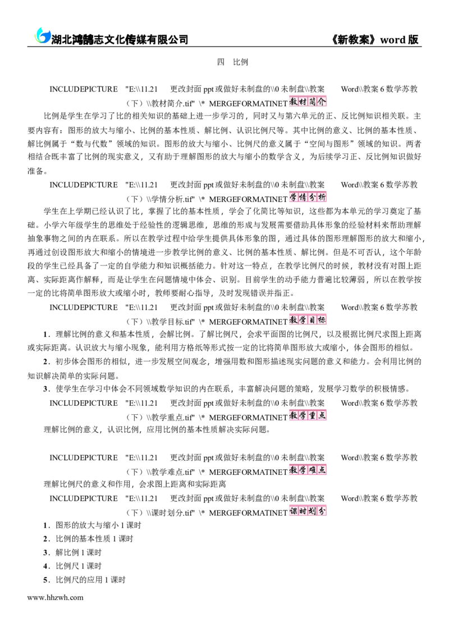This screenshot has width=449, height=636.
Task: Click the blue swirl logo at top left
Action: coord(42,36)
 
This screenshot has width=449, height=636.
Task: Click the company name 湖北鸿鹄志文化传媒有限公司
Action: coord(120,39)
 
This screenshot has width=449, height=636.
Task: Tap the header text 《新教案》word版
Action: coord(375,39)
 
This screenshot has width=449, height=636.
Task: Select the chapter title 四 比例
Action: coord(232,62)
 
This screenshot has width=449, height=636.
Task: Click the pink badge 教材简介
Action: coord(308,102)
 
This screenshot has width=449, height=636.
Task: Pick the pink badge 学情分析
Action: coord(308,197)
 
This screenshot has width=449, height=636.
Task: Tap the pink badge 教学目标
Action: coord(308,319)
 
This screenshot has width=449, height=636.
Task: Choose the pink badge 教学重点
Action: coord(308,415)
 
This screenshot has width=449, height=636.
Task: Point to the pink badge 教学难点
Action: coord(308,470)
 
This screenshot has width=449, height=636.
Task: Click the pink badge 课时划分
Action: coord(308,511)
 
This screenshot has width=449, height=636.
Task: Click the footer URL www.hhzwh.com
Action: coord(56,597)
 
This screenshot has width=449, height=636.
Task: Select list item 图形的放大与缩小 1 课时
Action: coord(93,525)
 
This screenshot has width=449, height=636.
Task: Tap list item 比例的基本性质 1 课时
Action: coord(89,539)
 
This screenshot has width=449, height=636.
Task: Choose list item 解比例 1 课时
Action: coord(72,552)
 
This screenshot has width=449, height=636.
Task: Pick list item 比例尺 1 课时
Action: coord(72,566)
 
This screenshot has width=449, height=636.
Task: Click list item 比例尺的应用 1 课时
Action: coord(84,580)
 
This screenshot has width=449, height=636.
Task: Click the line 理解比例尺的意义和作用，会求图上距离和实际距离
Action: coord(135,484)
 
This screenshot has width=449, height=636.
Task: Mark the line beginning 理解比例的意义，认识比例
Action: coord(157,429)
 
